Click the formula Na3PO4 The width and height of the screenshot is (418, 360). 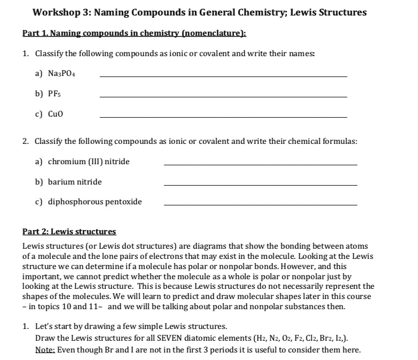(x=62, y=74)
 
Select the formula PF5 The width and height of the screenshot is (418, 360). (x=56, y=94)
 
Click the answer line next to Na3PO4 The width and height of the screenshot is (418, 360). (x=223, y=76)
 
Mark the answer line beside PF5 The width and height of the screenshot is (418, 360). (x=223, y=96)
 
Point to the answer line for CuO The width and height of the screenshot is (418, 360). (x=223, y=117)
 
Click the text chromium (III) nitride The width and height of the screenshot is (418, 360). (x=89, y=162)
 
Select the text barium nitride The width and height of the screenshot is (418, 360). (x=75, y=182)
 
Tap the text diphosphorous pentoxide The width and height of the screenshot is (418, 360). (x=95, y=202)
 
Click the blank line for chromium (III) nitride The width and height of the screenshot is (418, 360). (x=260, y=165)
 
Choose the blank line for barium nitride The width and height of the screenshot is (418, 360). (x=260, y=185)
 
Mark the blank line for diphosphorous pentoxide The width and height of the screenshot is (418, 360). (x=260, y=205)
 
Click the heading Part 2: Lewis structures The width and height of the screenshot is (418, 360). (x=69, y=232)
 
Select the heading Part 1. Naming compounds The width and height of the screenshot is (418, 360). (x=134, y=33)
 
